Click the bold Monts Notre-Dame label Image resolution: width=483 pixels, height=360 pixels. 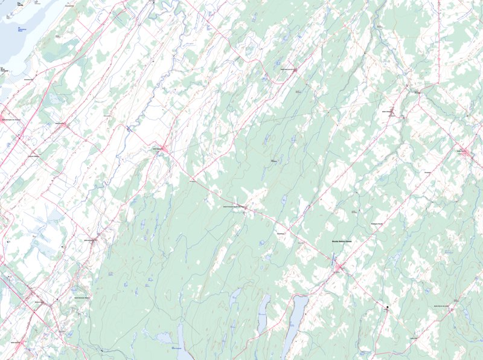tap(341, 242)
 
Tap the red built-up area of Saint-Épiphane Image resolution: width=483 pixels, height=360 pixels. tap(164, 148)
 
